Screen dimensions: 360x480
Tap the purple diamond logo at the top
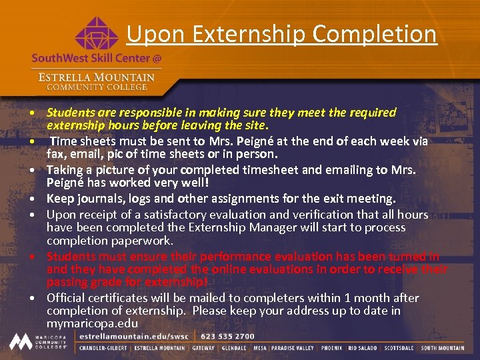click(x=97, y=33)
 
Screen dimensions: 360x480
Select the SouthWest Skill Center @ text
click(x=97, y=58)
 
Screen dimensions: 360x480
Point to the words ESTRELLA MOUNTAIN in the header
click(x=97, y=76)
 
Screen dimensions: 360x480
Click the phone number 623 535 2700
click(x=227, y=337)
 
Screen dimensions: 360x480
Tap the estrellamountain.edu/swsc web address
click(x=130, y=337)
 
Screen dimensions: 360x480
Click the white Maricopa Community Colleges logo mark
click(x=19, y=341)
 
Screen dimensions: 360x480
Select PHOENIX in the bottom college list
click(x=331, y=348)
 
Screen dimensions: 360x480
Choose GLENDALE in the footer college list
click(x=234, y=348)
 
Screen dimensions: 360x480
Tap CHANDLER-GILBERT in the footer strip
click(x=103, y=348)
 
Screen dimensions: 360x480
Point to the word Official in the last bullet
click(x=66, y=298)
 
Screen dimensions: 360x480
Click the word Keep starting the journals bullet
click(x=59, y=199)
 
